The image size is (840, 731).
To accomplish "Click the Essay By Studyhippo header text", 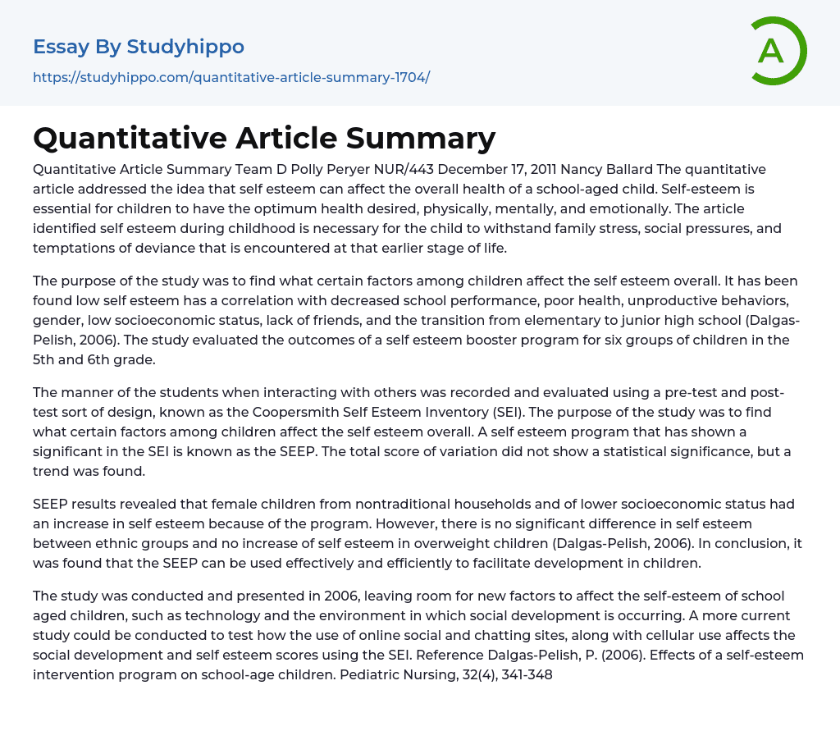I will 139,47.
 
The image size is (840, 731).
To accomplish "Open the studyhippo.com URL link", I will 231,77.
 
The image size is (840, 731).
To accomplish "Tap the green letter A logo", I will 771,51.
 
